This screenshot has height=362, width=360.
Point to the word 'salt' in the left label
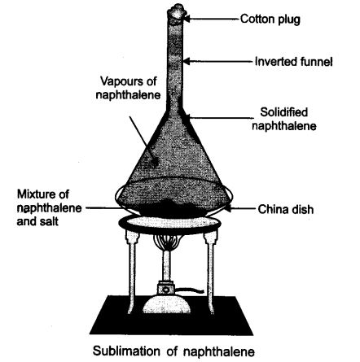50,220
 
